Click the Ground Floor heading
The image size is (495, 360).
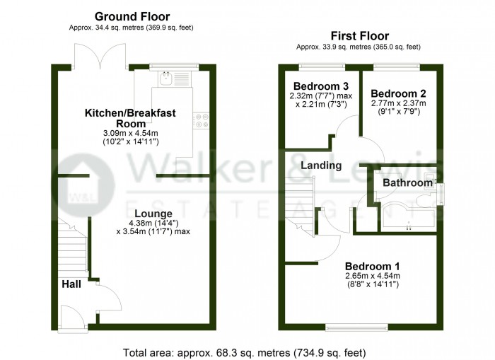click(x=132, y=16)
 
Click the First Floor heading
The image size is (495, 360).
click(x=360, y=35)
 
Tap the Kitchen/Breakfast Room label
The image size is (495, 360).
click(x=130, y=118)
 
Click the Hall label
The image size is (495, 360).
click(x=70, y=284)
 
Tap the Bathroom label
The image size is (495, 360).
click(x=407, y=183)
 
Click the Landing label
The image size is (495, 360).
click(x=321, y=166)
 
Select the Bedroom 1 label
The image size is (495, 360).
click(x=372, y=265)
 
